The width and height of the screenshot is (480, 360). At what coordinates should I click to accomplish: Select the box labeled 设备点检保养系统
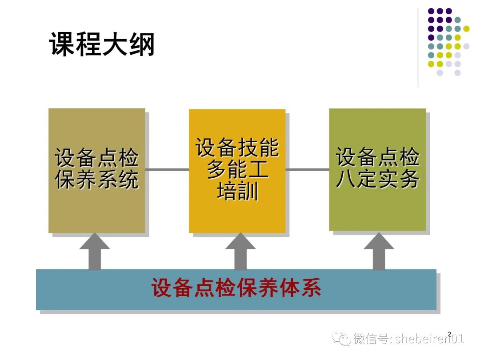tap(97, 170)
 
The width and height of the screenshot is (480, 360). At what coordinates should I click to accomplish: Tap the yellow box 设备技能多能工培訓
tap(237, 171)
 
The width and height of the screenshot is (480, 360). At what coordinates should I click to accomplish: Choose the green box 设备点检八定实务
tap(377, 169)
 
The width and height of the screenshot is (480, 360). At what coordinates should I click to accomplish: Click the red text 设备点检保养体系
tap(236, 288)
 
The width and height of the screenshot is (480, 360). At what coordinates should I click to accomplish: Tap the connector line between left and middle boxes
tap(167, 169)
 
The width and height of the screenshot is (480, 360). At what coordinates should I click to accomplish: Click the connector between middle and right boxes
tap(307, 169)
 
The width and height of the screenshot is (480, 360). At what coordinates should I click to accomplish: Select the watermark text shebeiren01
tap(429, 340)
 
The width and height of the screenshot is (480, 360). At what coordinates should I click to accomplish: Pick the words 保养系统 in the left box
tap(97, 180)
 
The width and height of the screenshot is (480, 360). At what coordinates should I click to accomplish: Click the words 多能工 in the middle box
tap(237, 171)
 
